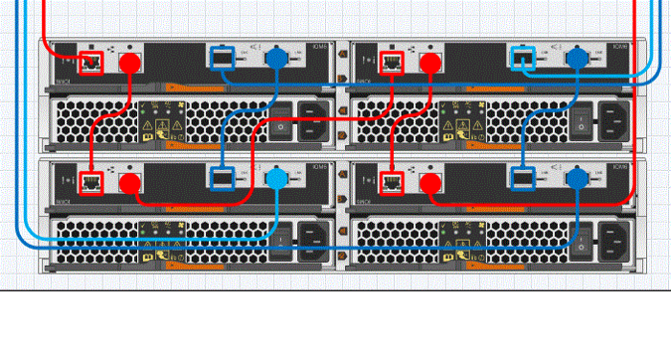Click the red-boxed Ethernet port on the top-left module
pos(91,64)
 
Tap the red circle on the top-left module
pos(128,63)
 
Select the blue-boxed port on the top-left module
pos(223,61)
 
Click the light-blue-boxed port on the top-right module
pos(521,61)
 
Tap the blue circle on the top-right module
pos(577,61)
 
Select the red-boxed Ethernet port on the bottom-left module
pos(91,182)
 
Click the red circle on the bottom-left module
pos(128,182)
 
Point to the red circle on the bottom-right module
pos(431,182)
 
